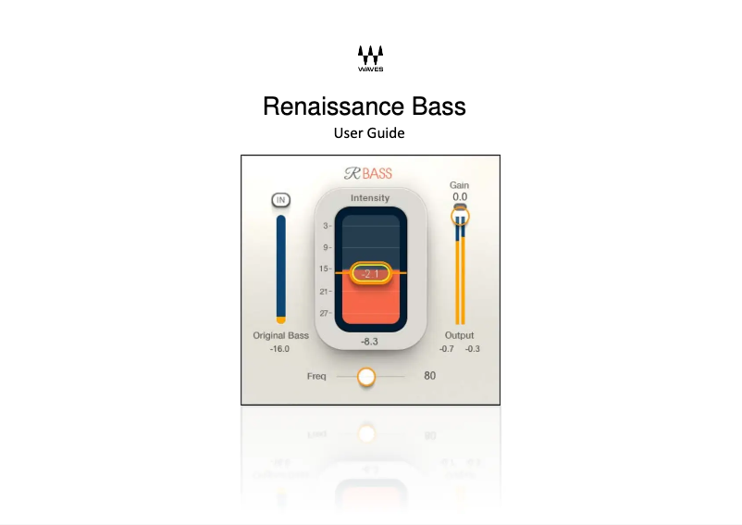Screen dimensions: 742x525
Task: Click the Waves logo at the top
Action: [370, 57]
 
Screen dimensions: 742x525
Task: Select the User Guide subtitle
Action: [369, 133]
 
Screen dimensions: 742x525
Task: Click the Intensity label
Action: [370, 198]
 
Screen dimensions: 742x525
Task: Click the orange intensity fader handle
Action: [370, 273]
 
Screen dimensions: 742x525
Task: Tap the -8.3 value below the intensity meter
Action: [370, 342]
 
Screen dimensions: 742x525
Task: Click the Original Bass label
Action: [281, 335]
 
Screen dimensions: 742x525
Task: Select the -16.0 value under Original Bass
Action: [279, 349]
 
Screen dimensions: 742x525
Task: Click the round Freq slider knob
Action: [366, 377]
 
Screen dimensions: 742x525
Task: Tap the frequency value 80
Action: [429, 376]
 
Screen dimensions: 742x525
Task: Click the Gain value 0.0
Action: [460, 197]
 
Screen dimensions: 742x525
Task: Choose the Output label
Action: [460, 335]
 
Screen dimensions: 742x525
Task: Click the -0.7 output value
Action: [447, 349]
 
